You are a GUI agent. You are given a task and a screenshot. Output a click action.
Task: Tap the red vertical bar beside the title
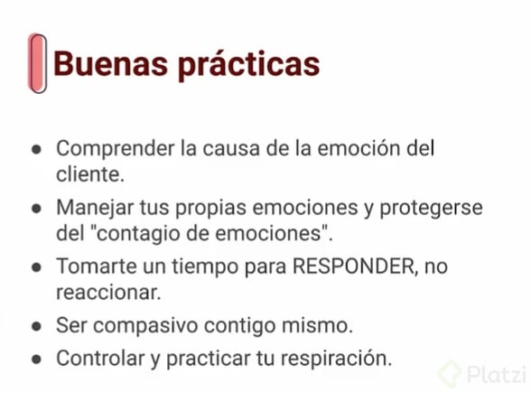37,63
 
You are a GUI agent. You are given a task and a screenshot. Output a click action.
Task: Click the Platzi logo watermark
480,372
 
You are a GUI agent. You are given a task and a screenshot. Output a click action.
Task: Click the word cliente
88,172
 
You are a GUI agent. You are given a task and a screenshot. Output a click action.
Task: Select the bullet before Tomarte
36,268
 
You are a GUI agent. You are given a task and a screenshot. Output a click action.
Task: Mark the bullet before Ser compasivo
36,324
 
